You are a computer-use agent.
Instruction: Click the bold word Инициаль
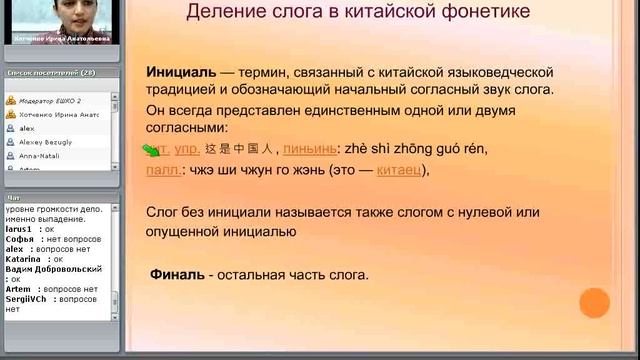point(181,72)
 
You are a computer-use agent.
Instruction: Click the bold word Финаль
point(178,274)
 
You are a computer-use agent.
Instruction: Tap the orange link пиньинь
point(310,149)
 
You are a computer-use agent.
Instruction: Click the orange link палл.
point(163,170)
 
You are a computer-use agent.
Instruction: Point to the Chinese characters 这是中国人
point(239,149)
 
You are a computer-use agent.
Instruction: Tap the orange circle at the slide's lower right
point(594,303)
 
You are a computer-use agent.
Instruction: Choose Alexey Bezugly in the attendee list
point(43,143)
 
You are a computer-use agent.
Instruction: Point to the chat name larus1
point(20,229)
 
